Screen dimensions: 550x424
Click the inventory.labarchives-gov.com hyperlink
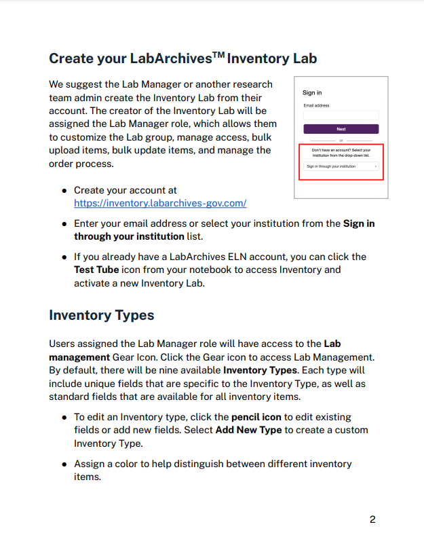pyautogui.click(x=160, y=203)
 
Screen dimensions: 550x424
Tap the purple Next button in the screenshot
pyautogui.click(x=341, y=129)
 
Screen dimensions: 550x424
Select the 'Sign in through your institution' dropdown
pyautogui.click(x=341, y=166)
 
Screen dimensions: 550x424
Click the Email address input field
pyautogui.click(x=341, y=115)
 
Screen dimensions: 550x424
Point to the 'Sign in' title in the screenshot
pyautogui.click(x=312, y=93)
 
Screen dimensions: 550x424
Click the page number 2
pyautogui.click(x=372, y=520)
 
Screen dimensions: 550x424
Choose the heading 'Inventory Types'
pyautogui.click(x=102, y=315)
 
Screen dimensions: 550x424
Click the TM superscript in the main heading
pyautogui.click(x=218, y=54)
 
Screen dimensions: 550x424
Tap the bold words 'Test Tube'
pyautogui.click(x=97, y=270)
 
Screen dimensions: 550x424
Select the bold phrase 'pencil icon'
pyautogui.click(x=256, y=417)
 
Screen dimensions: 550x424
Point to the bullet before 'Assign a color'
pyautogui.click(x=64, y=464)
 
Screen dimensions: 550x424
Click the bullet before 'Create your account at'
pyautogui.click(x=64, y=191)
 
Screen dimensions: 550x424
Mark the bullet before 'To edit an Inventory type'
pyautogui.click(x=64, y=418)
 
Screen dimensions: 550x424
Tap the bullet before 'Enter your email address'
pyautogui.click(x=64, y=223)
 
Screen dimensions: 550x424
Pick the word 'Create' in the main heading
pyautogui.click(x=72, y=58)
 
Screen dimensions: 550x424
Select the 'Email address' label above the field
pyautogui.click(x=316, y=106)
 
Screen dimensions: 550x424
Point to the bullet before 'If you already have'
pyautogui.click(x=64, y=257)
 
